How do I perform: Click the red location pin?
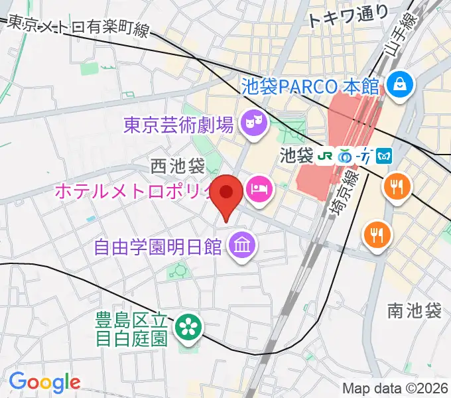pos(227,194)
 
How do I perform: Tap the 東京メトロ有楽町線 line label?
pos(78,27)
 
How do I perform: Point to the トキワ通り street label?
pos(348,17)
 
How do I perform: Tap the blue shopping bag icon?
pos(401,84)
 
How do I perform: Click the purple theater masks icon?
pos(252,121)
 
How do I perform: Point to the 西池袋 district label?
pos(178,164)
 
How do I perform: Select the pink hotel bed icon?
pos(259,189)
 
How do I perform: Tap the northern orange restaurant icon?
pos(397,186)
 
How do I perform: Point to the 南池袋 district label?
pos(415,310)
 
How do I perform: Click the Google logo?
pos(44,381)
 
